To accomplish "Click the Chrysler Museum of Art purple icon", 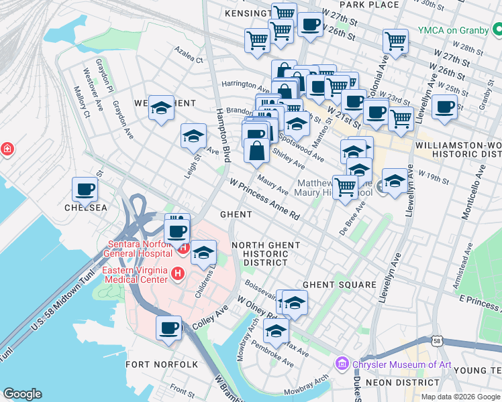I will pos(342,364).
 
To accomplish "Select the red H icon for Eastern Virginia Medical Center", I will pos(178,273).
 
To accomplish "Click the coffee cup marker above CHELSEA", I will pos(85,190).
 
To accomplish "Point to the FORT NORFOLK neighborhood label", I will pos(162,364).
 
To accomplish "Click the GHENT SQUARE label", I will pos(339,285).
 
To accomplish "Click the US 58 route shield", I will pos(438,342).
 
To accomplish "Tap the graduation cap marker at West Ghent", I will pos(161,108).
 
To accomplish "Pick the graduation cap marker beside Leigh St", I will pos(193,137).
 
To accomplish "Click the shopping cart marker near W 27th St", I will pos(395,41).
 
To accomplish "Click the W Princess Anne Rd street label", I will pos(264,199).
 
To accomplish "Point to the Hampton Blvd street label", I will pos(223,135).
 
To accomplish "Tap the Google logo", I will pos(22,394).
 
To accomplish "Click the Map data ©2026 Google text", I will pos(460,397).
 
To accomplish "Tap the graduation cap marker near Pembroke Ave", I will pos(276,330).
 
